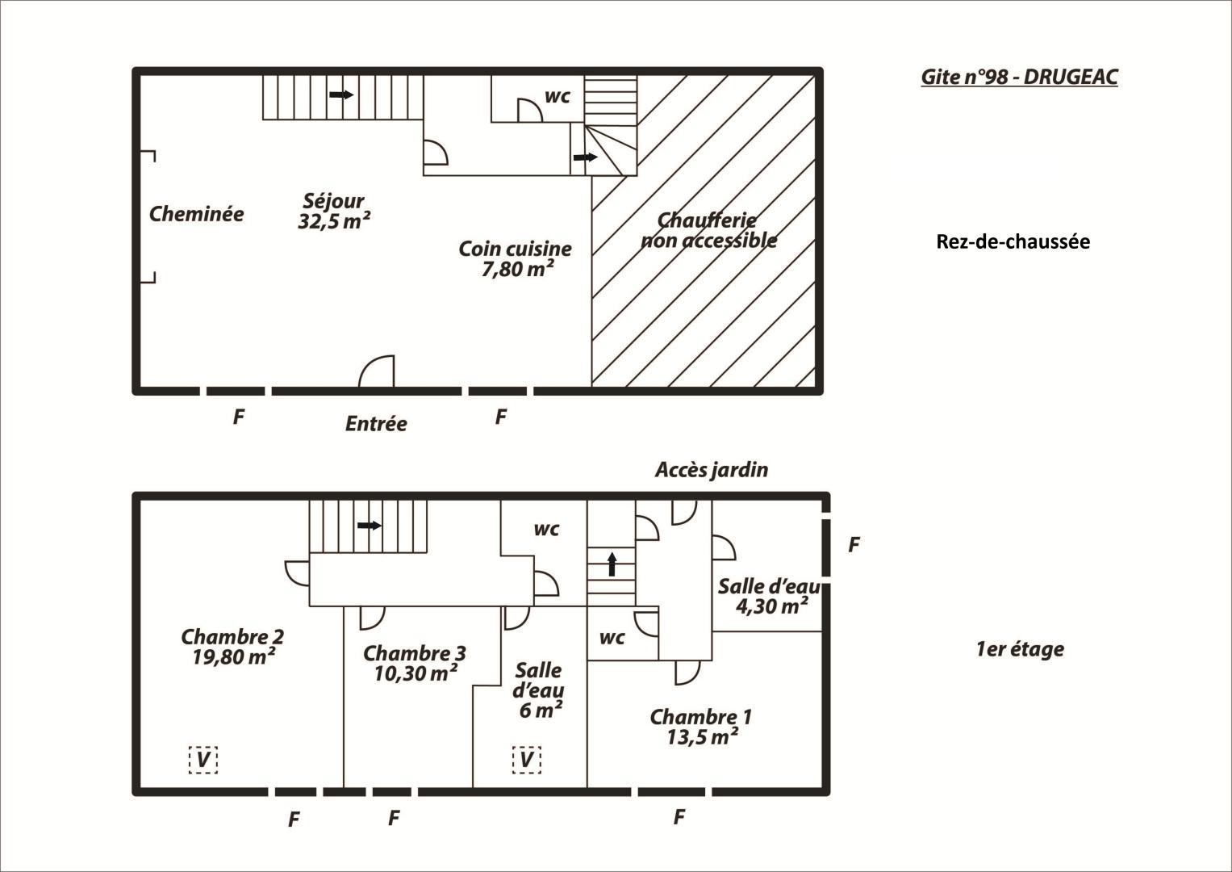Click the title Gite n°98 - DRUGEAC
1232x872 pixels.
[x=1019, y=77]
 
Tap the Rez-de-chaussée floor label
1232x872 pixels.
[x=1013, y=241]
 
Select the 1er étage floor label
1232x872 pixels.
[x=1021, y=649]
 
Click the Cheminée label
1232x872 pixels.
[x=196, y=214]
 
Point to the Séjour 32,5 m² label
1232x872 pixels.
[x=334, y=211]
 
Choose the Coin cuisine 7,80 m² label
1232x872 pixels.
[x=516, y=258]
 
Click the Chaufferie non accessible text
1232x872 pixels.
[x=708, y=230]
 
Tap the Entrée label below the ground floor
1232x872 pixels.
[x=376, y=423]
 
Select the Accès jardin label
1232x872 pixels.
[x=712, y=470]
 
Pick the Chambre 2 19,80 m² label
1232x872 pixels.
[x=232, y=647]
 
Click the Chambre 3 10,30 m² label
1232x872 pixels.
[x=415, y=664]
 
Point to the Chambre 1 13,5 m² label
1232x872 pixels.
[x=700, y=727]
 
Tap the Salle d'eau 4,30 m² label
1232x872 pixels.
[x=769, y=596]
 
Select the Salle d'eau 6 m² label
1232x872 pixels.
[x=538, y=690]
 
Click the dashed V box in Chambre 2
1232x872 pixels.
[x=203, y=761]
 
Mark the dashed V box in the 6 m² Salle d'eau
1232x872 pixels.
[x=526, y=761]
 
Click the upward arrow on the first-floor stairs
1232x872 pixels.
[x=612, y=564]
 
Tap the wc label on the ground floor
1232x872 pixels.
[x=558, y=96]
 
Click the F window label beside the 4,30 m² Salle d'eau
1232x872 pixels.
[x=854, y=544]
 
